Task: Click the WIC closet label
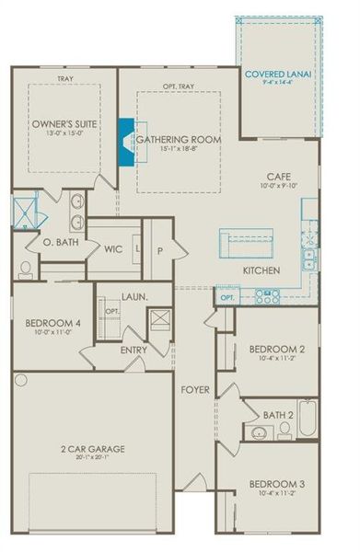pyautogui.click(x=113, y=248)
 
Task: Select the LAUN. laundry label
pyautogui.click(x=135, y=297)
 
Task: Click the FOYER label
pyautogui.click(x=195, y=390)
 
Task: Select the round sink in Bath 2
pyautogui.click(x=254, y=431)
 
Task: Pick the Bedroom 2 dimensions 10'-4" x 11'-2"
pyautogui.click(x=274, y=361)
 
